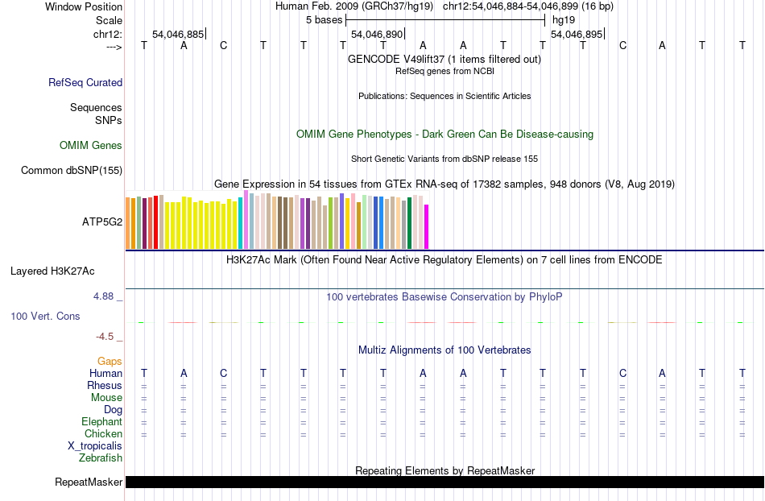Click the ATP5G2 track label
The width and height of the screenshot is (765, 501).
tap(101, 222)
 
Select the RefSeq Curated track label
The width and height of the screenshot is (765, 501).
tap(85, 82)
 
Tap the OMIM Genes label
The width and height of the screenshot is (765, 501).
tap(91, 146)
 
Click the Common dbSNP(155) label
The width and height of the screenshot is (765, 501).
tap(72, 170)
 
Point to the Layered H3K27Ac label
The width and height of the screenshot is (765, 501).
tap(52, 271)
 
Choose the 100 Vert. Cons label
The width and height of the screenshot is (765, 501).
tap(45, 317)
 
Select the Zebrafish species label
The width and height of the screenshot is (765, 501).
tap(101, 458)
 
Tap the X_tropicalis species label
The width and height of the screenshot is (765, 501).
tap(95, 446)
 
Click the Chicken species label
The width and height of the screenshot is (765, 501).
tap(103, 434)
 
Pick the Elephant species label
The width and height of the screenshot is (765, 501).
tap(101, 422)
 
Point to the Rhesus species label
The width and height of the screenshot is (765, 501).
tap(105, 386)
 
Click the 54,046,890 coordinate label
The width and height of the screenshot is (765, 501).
tap(377, 35)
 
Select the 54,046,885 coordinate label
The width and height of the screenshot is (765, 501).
tap(178, 35)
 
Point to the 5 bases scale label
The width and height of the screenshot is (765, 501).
tap(324, 19)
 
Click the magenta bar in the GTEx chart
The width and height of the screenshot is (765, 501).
tap(427, 227)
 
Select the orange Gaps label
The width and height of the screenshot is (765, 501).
tap(110, 362)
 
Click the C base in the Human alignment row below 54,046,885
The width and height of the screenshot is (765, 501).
tap(224, 373)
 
